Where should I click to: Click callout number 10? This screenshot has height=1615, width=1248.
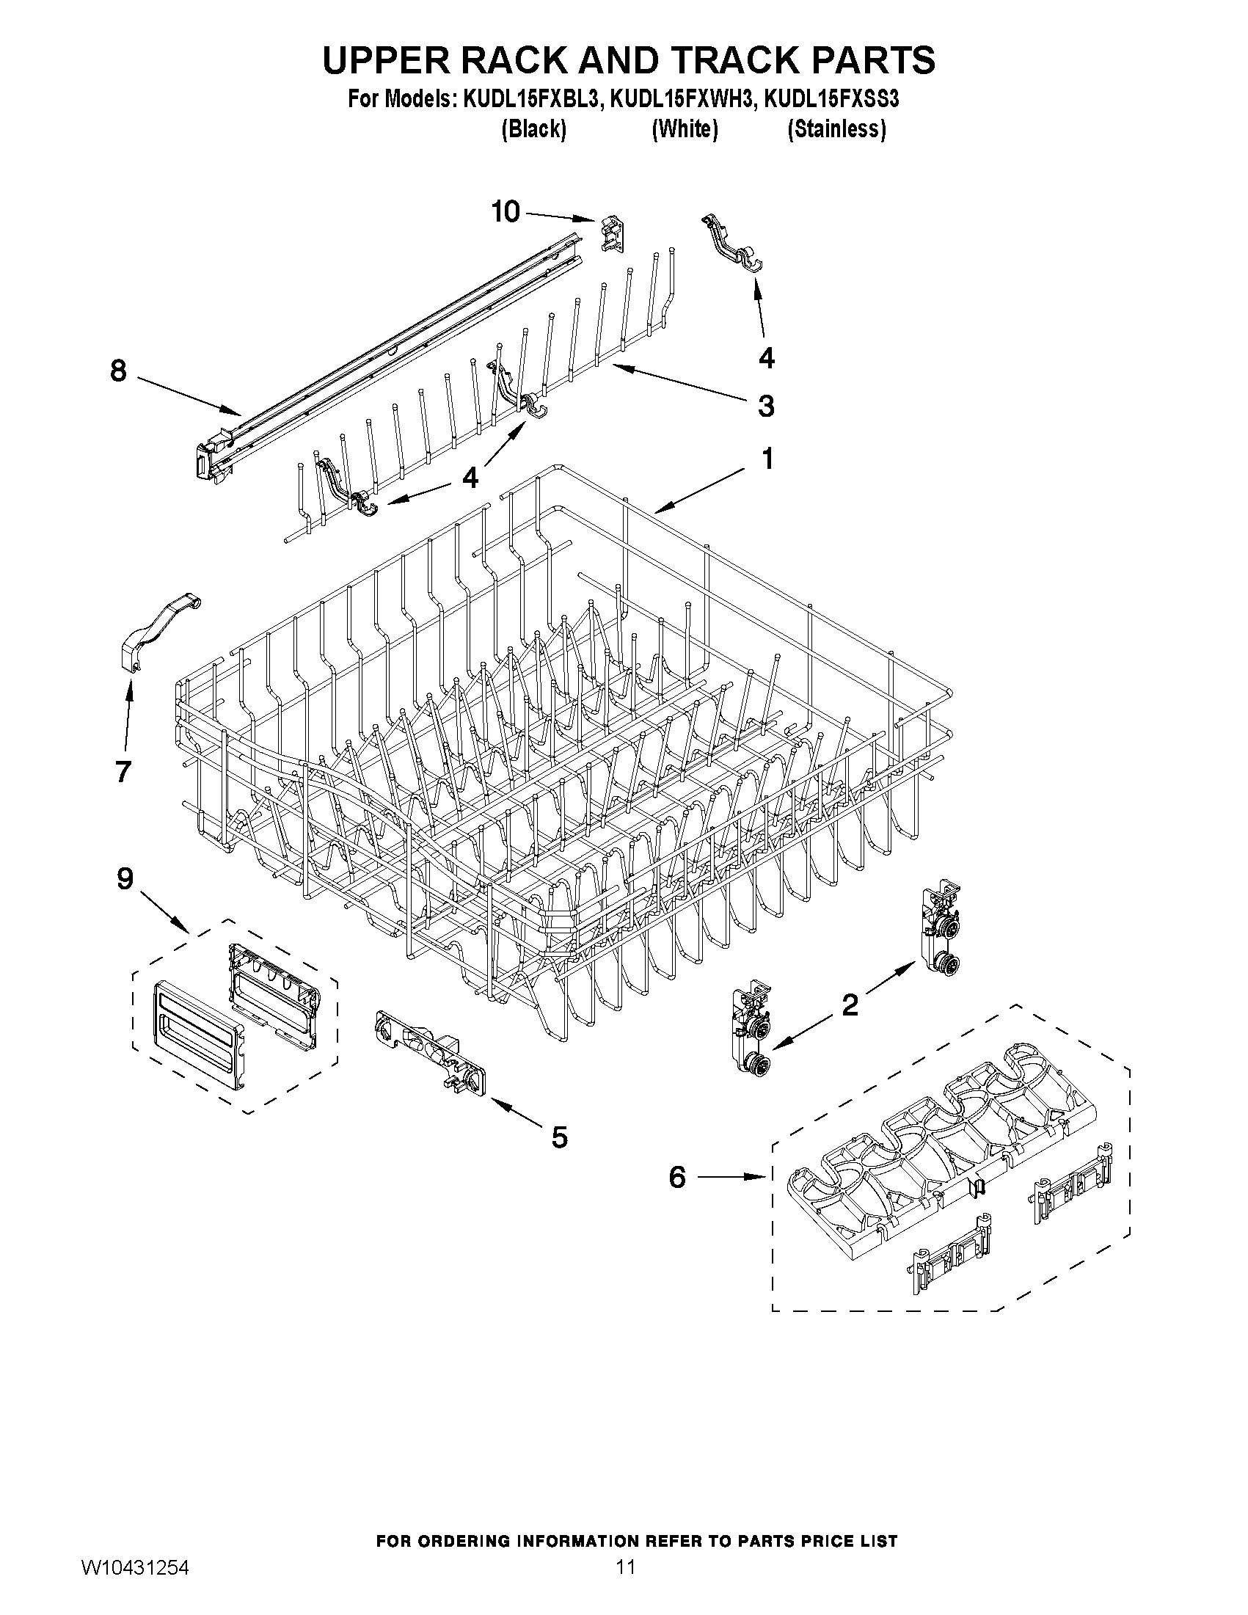506,212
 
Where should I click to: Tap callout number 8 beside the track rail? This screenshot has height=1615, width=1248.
118,371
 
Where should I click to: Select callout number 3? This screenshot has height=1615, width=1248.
766,406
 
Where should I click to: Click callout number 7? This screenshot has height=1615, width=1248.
123,771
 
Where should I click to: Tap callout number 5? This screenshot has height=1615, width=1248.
560,1137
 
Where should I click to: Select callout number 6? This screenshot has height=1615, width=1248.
677,1176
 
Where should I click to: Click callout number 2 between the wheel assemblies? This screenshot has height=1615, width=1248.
850,1005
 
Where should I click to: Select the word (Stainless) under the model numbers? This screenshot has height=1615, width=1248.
836,129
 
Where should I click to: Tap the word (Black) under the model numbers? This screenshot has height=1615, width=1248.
534,129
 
